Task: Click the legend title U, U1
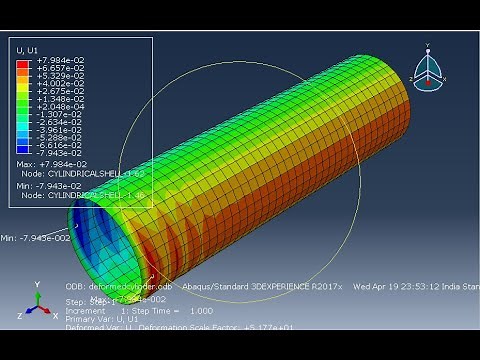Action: [x=26, y=49]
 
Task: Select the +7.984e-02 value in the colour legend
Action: [x=60, y=61]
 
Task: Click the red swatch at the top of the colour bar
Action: [x=23, y=62]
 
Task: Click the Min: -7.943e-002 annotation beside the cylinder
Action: [x=34, y=237]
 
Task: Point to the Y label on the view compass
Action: [x=427, y=45]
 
